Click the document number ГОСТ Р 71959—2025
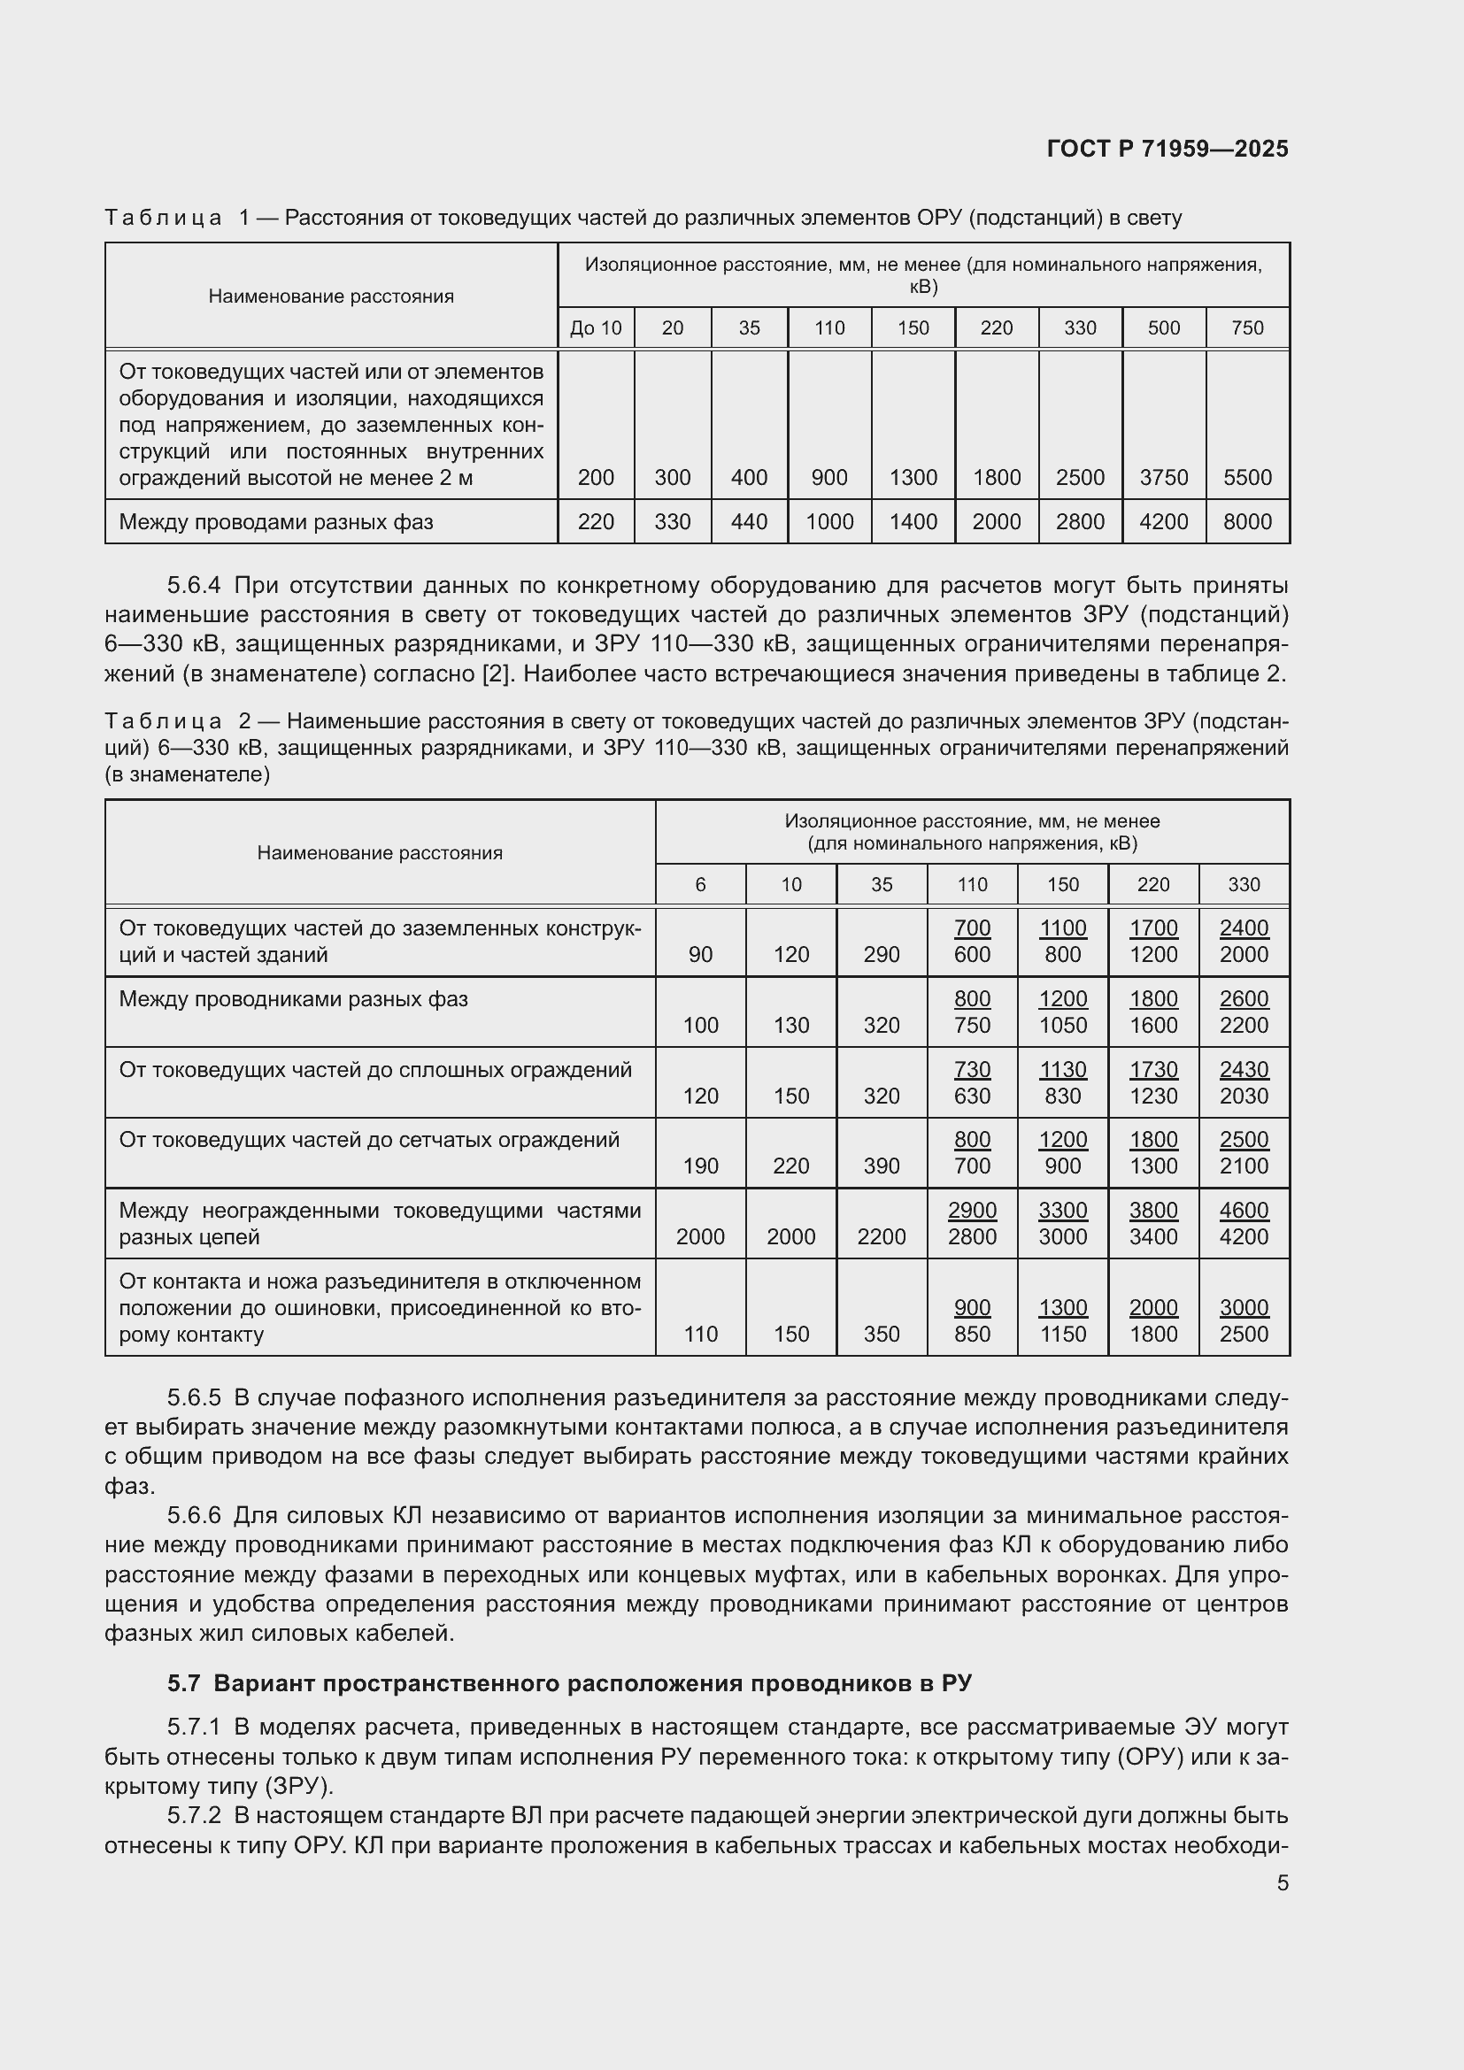(x=1167, y=150)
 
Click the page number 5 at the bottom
(x=1282, y=1882)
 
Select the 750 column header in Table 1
(x=1247, y=328)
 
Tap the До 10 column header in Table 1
(x=596, y=328)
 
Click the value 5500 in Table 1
(x=1247, y=478)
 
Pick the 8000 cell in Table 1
(x=1247, y=522)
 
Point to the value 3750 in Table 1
(x=1163, y=478)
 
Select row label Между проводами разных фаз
(x=276, y=522)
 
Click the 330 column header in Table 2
(x=1243, y=884)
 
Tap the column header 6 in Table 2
(x=700, y=884)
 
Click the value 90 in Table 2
(x=700, y=955)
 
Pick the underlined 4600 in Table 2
(x=1243, y=1210)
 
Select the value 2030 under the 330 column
(x=1243, y=1097)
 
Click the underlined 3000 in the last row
(x=1243, y=1307)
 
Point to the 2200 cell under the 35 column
(x=881, y=1237)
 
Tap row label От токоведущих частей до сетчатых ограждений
(x=369, y=1140)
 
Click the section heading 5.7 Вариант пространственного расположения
(x=569, y=1683)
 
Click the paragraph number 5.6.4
(x=194, y=586)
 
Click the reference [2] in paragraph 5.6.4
(x=496, y=673)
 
